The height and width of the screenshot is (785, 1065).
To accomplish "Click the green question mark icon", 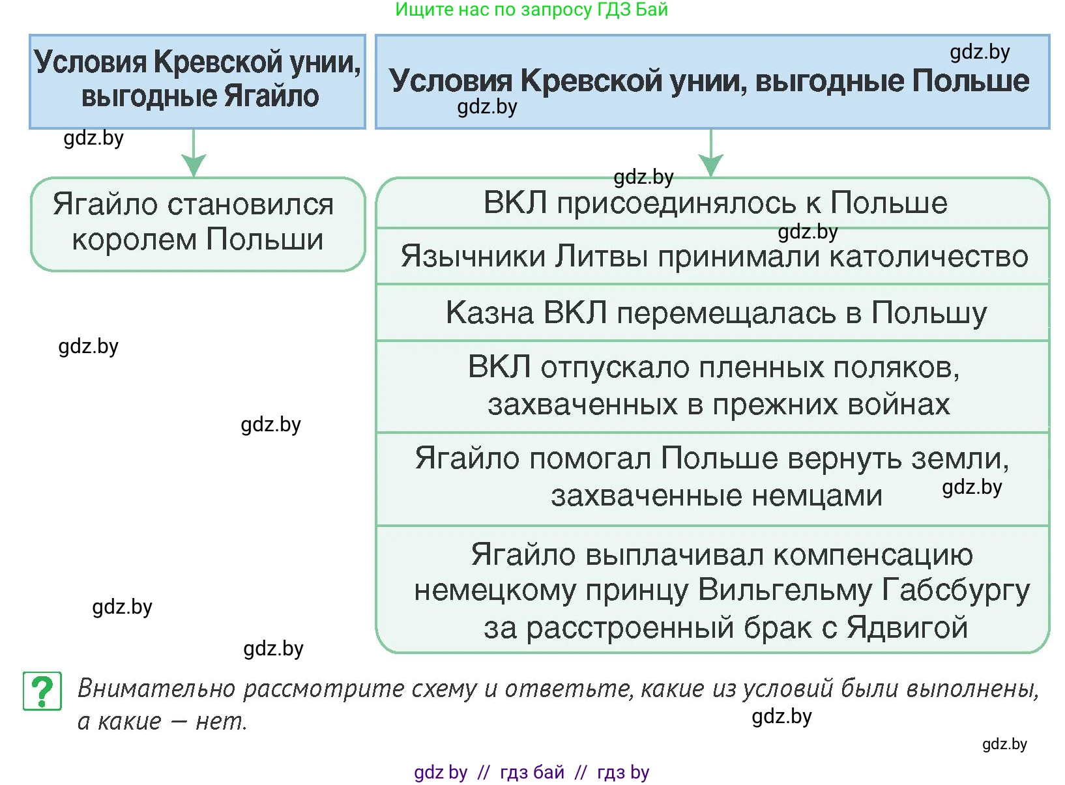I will pos(42,691).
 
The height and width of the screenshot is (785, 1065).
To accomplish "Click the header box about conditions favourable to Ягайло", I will pos(197,81).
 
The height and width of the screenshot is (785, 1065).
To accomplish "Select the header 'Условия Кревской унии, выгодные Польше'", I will pos(712,81).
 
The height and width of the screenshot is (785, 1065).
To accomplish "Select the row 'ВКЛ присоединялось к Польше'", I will pos(714,203).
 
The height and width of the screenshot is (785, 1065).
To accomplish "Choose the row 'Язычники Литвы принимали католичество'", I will pos(714,257).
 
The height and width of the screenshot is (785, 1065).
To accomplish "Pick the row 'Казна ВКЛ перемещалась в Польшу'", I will pos(714,313).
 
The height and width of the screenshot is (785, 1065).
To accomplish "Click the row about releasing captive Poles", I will pos(714,386).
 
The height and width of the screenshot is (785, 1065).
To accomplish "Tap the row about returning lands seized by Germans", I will pos(714,478).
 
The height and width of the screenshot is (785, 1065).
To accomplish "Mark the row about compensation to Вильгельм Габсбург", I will pos(714,590).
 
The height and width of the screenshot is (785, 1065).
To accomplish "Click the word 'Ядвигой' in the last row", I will pos(907,628).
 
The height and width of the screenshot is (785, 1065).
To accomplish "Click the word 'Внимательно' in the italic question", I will pos(156,689).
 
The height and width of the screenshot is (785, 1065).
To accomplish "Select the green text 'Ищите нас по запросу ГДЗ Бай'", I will pos(531,10).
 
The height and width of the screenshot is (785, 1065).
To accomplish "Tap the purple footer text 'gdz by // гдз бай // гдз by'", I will pos(531,772).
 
